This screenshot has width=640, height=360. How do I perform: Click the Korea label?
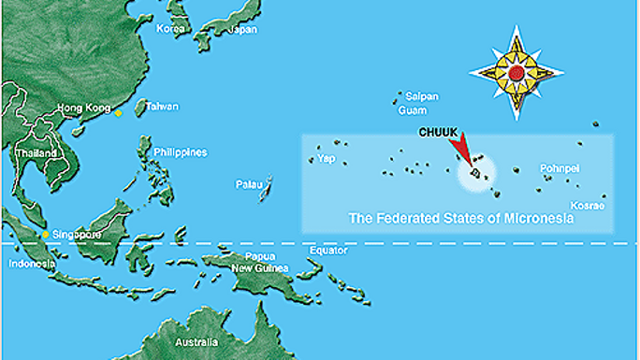[x=171, y=29]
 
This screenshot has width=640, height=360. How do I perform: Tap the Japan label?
[x=242, y=29]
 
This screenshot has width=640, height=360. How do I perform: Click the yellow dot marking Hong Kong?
[x=118, y=113]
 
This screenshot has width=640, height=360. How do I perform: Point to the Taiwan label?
[x=162, y=107]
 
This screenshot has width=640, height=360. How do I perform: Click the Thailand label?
[x=36, y=152]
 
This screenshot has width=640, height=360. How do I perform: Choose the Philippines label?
[x=181, y=152]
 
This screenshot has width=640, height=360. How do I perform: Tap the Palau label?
[x=247, y=184]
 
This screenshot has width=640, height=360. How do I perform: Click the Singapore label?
[x=78, y=234]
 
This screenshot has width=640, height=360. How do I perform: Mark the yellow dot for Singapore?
[x=45, y=234]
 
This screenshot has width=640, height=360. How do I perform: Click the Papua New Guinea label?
[x=260, y=263]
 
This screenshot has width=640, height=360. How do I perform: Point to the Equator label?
[x=328, y=251]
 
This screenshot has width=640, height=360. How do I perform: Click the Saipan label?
[x=421, y=96]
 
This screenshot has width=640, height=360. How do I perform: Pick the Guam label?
[x=413, y=110]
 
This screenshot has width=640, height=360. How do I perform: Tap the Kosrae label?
[x=588, y=205]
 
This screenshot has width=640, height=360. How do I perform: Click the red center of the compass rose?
[x=516, y=72]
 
